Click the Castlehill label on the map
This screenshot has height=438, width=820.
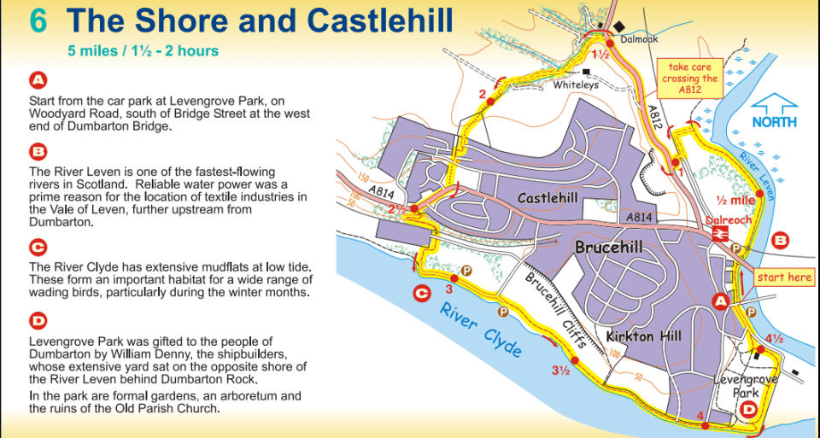pyautogui.click(x=548, y=198)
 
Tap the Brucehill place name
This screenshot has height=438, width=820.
pyautogui.click(x=608, y=248)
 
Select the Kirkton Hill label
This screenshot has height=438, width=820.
pyautogui.click(x=643, y=336)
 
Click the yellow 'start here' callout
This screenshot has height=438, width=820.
pyautogui.click(x=784, y=277)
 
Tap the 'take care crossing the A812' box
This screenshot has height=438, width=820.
pyautogui.click(x=690, y=78)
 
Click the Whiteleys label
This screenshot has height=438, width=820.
pyautogui.click(x=575, y=85)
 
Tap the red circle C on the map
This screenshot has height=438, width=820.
pyautogui.click(x=421, y=294)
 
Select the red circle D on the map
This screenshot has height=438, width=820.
pyautogui.click(x=749, y=410)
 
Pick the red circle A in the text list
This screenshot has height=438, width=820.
pyautogui.click(x=38, y=80)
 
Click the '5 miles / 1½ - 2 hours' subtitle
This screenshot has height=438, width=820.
pyautogui.click(x=143, y=50)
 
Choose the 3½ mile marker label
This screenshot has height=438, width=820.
pyautogui.click(x=560, y=371)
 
